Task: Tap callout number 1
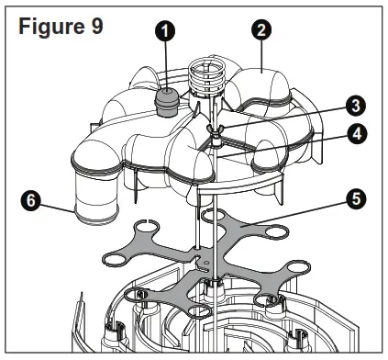(165, 33)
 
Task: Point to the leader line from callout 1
(165, 64)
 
